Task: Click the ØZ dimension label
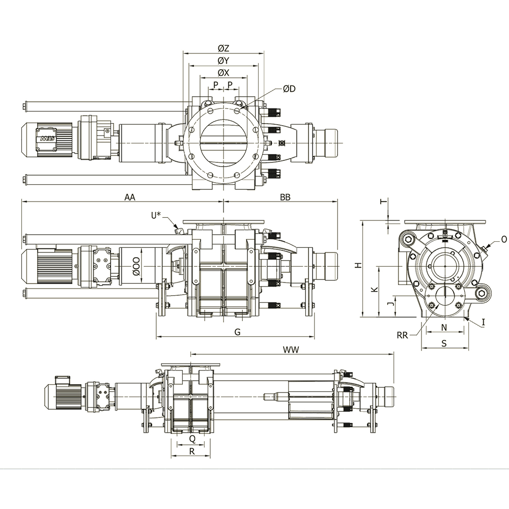pyautogui.click(x=223, y=48)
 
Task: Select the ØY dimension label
pyautogui.click(x=223, y=61)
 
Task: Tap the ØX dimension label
pyautogui.click(x=223, y=73)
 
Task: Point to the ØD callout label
pyautogui.click(x=289, y=89)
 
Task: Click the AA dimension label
pyautogui.click(x=130, y=197)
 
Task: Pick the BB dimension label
pyautogui.click(x=285, y=197)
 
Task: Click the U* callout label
pyautogui.click(x=156, y=215)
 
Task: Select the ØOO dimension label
pyautogui.click(x=136, y=266)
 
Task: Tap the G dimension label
pyautogui.click(x=238, y=332)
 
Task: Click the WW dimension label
pyautogui.click(x=291, y=350)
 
